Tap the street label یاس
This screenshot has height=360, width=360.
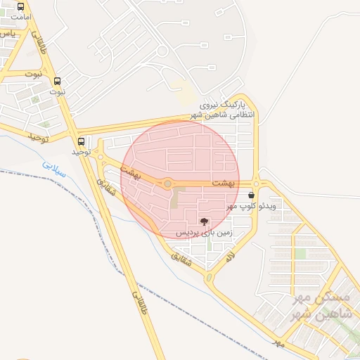click(x=7, y=34)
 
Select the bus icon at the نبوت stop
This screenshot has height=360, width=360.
click(x=58, y=81)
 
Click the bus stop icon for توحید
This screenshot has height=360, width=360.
click(x=82, y=141)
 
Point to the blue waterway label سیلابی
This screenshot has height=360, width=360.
click(x=53, y=166)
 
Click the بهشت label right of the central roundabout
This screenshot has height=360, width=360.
click(x=222, y=183)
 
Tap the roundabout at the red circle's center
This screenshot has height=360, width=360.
click(x=167, y=184)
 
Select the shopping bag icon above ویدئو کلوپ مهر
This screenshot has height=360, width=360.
click(x=252, y=195)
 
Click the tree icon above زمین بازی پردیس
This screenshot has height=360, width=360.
click(x=204, y=221)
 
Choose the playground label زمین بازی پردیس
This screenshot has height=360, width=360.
click(x=204, y=231)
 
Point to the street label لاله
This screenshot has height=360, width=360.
click(x=229, y=257)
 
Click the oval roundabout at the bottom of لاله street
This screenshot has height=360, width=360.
click(x=210, y=278)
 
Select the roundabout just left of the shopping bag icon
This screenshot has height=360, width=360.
click(x=256, y=184)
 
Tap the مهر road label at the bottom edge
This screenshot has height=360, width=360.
click(x=279, y=343)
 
